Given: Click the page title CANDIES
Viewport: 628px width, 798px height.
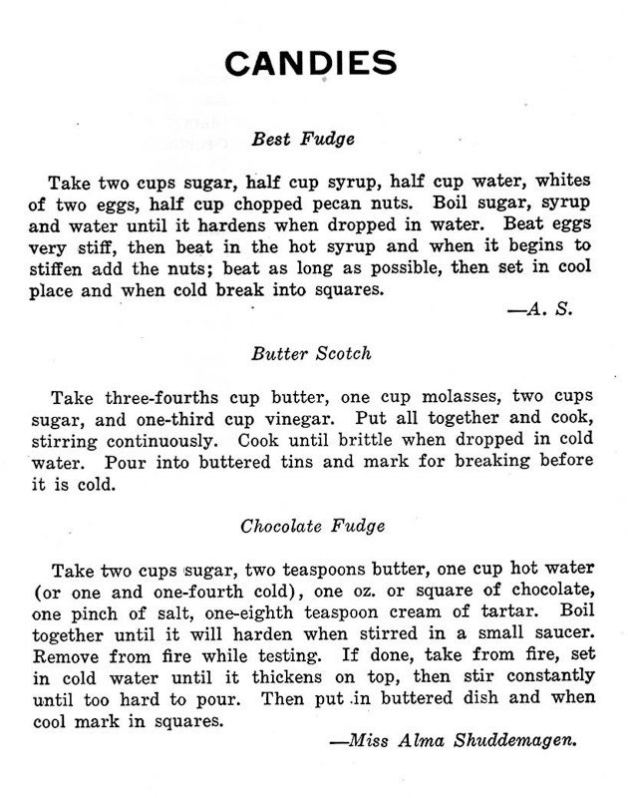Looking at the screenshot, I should click(311, 63).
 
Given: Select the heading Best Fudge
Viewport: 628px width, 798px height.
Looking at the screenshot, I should click(304, 139).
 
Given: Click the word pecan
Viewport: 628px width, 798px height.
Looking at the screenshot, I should click(364, 204).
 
